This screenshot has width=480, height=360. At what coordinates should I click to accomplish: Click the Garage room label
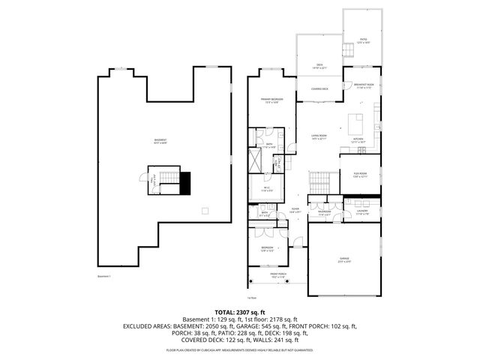[344, 259]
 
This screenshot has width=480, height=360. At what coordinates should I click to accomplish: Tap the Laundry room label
[362, 211]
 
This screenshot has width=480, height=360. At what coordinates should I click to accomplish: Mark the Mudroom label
[325, 212]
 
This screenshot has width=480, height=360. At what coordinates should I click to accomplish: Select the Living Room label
[319, 136]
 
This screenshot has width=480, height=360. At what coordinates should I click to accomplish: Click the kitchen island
[358, 120]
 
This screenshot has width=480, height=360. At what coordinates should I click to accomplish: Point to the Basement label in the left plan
[160, 140]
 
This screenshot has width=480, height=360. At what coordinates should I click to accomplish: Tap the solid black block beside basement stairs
[185, 182]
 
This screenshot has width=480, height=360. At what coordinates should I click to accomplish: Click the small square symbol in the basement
[204, 211]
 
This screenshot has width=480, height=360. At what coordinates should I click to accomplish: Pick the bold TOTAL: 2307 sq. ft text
[240, 312]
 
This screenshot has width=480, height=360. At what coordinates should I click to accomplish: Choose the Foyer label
[295, 212]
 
